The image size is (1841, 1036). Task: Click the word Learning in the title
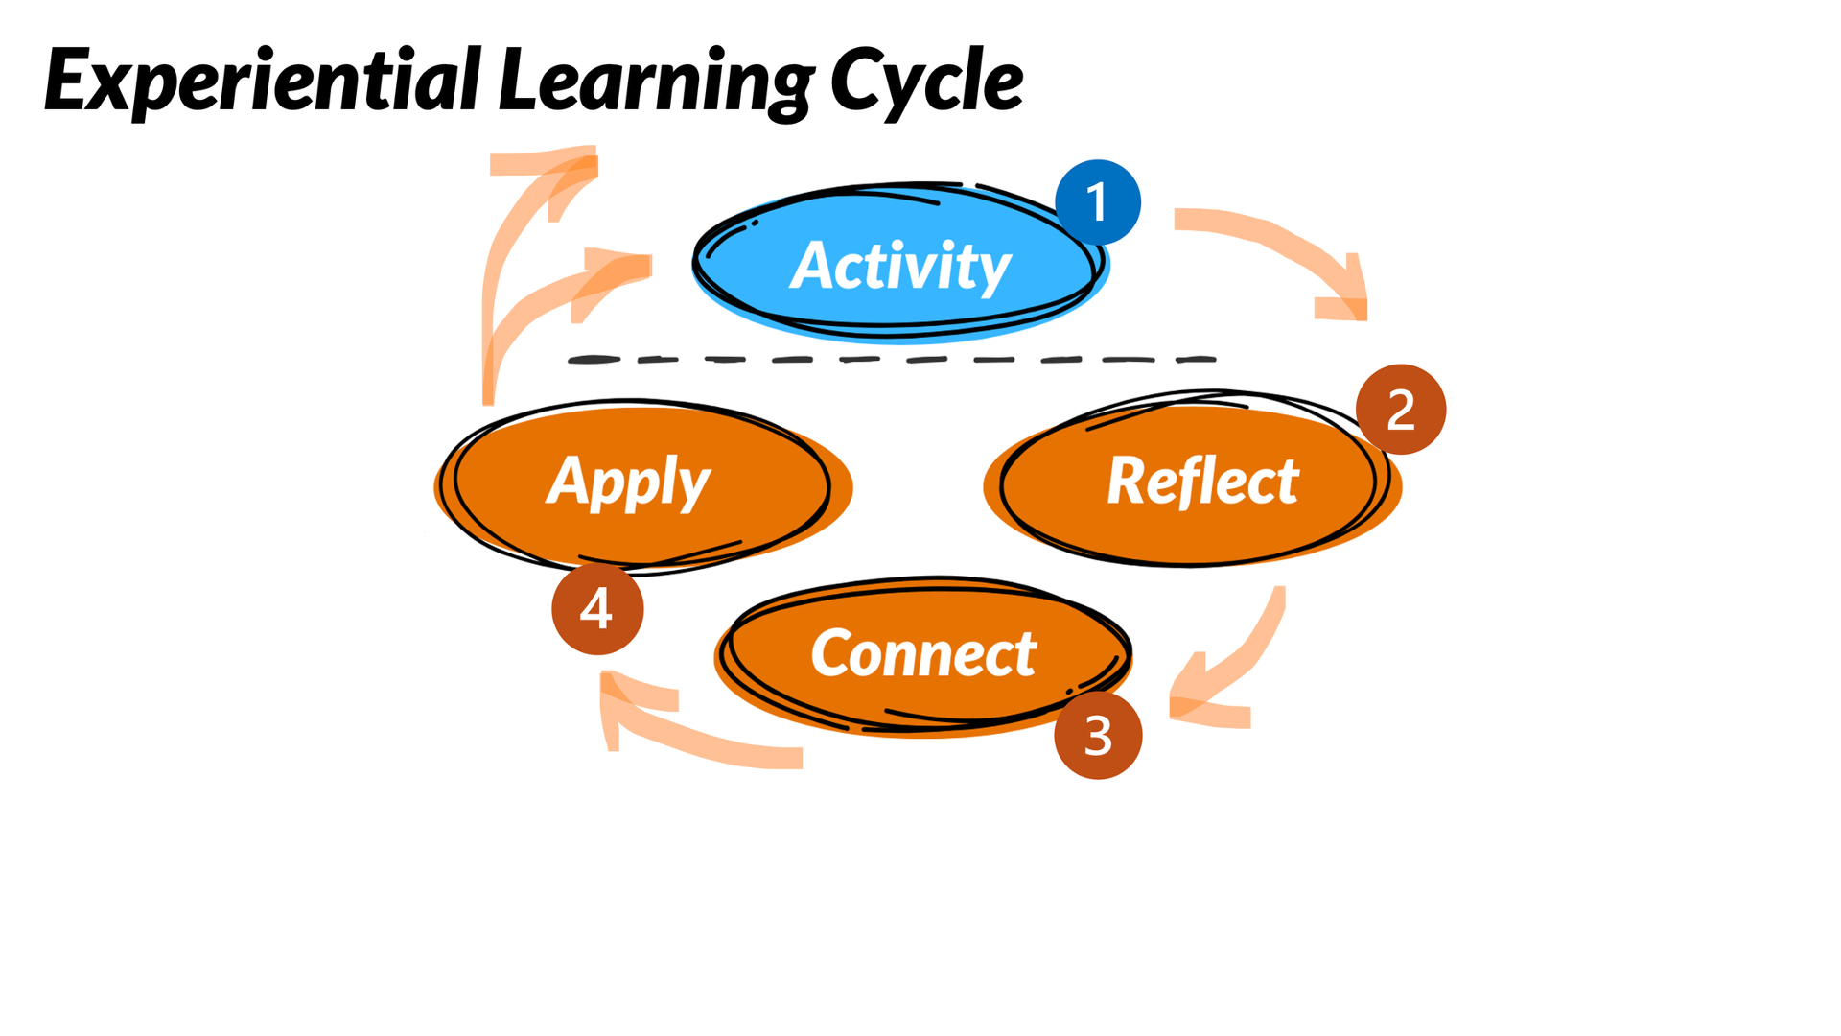tap(656, 82)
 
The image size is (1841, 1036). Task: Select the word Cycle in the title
tap(926, 82)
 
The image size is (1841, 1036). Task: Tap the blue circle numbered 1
tap(1098, 202)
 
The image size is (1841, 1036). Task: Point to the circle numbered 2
tap(1401, 410)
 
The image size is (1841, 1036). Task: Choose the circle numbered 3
tap(1098, 736)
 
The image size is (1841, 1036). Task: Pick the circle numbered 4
tap(597, 608)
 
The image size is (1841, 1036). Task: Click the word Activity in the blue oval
tap(900, 266)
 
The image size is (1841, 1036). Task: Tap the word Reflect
tap(1202, 481)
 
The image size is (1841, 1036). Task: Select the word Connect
tap(923, 654)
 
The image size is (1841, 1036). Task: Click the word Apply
tap(629, 481)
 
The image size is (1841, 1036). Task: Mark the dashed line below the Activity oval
tap(892, 360)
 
